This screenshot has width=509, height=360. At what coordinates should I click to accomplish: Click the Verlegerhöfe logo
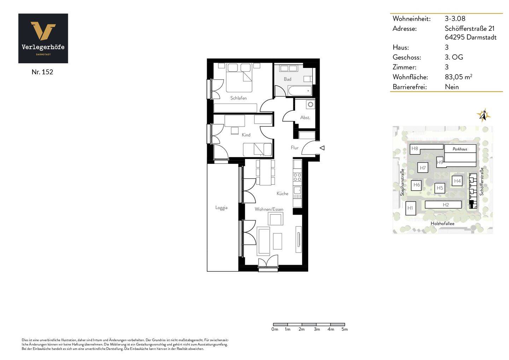tap(43, 38)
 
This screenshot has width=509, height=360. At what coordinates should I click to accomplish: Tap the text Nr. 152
tap(42, 72)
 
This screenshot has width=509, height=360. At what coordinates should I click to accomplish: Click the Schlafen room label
tap(238, 98)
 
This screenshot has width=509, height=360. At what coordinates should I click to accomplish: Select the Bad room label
tap(287, 79)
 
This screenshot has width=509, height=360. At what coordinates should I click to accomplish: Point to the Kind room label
tap(246, 135)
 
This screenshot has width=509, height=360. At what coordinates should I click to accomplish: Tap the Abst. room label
tap(305, 117)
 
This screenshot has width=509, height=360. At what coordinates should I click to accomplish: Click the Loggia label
tap(221, 208)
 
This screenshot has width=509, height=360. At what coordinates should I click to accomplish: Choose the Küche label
tap(282, 193)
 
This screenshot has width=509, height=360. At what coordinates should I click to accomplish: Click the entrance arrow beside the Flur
tap(322, 148)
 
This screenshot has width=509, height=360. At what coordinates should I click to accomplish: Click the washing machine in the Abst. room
tap(310, 105)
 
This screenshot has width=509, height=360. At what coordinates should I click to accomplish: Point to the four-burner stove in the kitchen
tap(297, 177)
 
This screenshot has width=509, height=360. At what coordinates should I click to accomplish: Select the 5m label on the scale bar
tap(345, 329)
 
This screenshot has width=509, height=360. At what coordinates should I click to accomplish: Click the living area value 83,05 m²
tap(458, 77)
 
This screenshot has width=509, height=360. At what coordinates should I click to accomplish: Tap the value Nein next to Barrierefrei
tap(452, 87)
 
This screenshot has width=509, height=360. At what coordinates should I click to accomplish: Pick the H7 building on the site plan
tap(423, 168)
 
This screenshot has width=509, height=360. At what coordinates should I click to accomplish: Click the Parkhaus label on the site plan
tap(460, 149)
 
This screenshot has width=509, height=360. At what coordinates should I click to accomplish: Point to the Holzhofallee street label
tap(443, 223)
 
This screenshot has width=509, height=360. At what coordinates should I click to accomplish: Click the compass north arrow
tap(483, 115)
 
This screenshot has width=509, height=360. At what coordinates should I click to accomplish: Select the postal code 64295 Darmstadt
tap(470, 37)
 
